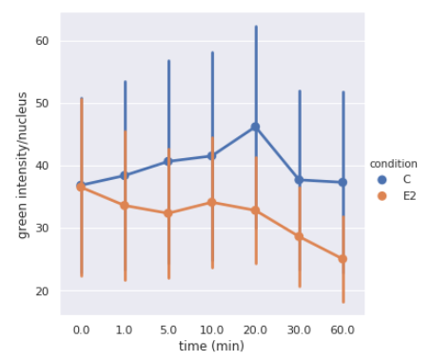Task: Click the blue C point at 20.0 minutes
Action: (x=255, y=127)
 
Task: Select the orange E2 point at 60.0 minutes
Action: (x=342, y=258)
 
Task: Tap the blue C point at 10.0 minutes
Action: (x=211, y=155)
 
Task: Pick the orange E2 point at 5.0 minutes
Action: (x=168, y=213)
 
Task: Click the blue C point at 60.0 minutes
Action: (x=342, y=182)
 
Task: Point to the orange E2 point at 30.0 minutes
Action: (x=299, y=236)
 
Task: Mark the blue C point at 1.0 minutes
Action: (x=125, y=175)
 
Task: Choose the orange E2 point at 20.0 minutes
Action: (x=255, y=210)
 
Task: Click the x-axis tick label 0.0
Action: (x=82, y=330)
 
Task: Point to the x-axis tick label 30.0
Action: (x=299, y=330)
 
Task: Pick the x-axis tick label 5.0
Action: (x=168, y=330)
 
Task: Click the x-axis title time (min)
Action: (x=212, y=346)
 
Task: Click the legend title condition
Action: (x=393, y=163)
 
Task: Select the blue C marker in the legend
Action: (x=382, y=179)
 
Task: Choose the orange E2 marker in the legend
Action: (x=382, y=196)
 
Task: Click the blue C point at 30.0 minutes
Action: (x=299, y=180)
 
